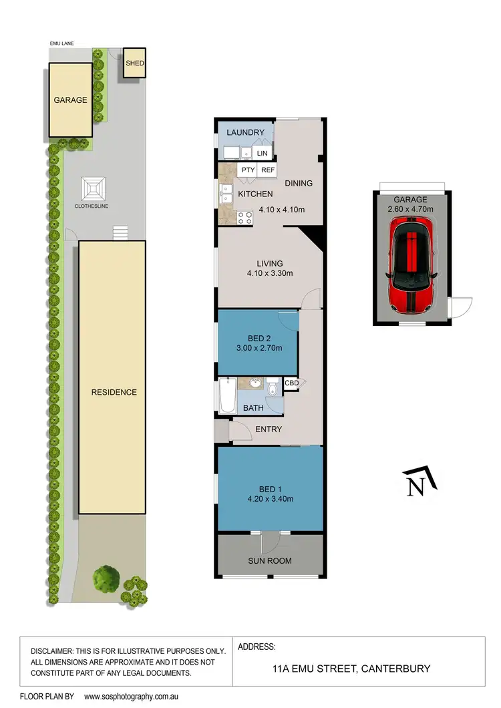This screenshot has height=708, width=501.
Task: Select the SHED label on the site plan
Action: pyautogui.click(x=135, y=63)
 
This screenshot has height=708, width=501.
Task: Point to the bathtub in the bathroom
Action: pyautogui.click(x=225, y=395)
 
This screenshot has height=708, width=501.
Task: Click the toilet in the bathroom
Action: pyautogui.click(x=273, y=389)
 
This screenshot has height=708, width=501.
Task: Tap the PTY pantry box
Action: pyautogui.click(x=248, y=170)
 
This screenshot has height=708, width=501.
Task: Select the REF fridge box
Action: pyautogui.click(x=268, y=170)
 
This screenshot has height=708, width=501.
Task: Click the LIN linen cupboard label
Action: pyautogui.click(x=262, y=153)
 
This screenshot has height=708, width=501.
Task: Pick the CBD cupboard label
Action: pyautogui.click(x=291, y=383)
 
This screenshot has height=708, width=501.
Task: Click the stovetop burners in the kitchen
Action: pyautogui.click(x=244, y=216)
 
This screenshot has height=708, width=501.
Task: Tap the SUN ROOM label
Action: pyautogui.click(x=270, y=560)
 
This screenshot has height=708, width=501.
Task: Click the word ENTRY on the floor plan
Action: pyautogui.click(x=269, y=429)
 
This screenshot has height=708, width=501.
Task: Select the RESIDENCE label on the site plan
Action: pyautogui.click(x=114, y=392)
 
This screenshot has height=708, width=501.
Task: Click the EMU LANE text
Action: pyautogui.click(x=61, y=43)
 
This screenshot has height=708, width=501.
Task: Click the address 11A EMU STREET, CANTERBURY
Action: pyautogui.click(x=352, y=668)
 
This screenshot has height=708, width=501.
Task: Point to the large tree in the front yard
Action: pyautogui.click(x=107, y=578)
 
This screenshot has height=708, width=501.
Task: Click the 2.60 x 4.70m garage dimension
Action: pyautogui.click(x=411, y=209)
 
